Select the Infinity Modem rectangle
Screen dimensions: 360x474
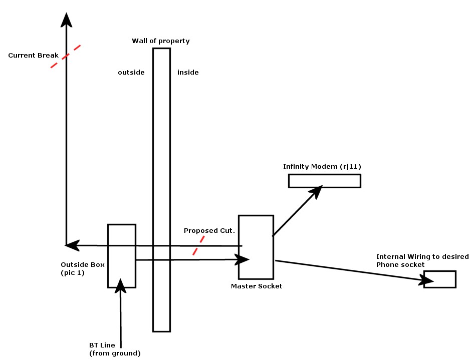pyautogui.click(x=324, y=181)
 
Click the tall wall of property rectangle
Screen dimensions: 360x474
pyautogui.click(x=161, y=150)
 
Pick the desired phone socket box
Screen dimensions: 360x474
pyautogui.click(x=439, y=279)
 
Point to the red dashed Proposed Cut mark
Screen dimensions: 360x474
pyautogui.click(x=198, y=246)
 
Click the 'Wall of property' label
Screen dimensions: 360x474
pyautogui.click(x=160, y=41)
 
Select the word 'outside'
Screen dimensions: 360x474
pyautogui.click(x=131, y=73)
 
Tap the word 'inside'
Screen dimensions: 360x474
pyautogui.click(x=188, y=73)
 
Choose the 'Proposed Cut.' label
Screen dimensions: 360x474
pyautogui.click(x=209, y=231)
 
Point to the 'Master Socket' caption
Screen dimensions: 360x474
pyautogui.click(x=257, y=286)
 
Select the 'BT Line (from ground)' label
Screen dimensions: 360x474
pyautogui.click(x=115, y=349)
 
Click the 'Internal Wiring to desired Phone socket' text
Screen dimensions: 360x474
pyautogui.click(x=422, y=260)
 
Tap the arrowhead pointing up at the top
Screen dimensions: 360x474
pyautogui.click(x=66, y=20)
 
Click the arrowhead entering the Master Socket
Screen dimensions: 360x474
pyautogui.click(x=243, y=259)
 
